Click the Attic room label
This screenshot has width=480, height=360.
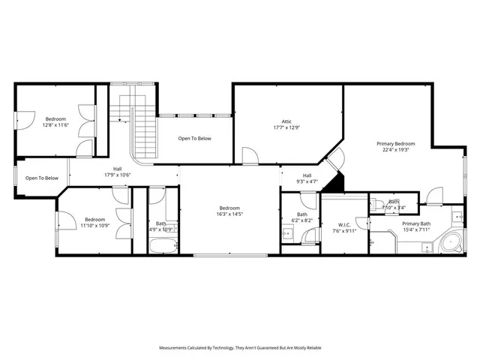click(x=286, y=121)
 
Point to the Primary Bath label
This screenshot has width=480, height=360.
click(x=415, y=223)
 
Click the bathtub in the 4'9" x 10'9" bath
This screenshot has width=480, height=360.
click(x=162, y=245)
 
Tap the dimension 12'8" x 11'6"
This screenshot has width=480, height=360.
click(x=55, y=125)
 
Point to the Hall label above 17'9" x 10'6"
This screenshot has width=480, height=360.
click(x=118, y=169)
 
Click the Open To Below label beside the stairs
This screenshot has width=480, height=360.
click(x=194, y=139)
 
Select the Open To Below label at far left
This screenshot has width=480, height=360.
click(x=42, y=178)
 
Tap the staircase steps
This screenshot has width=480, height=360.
click(x=143, y=135)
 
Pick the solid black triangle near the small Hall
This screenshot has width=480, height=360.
click(x=337, y=181)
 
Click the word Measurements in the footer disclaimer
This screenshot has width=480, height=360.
click(x=175, y=348)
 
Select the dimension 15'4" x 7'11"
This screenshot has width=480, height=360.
click(x=415, y=229)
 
